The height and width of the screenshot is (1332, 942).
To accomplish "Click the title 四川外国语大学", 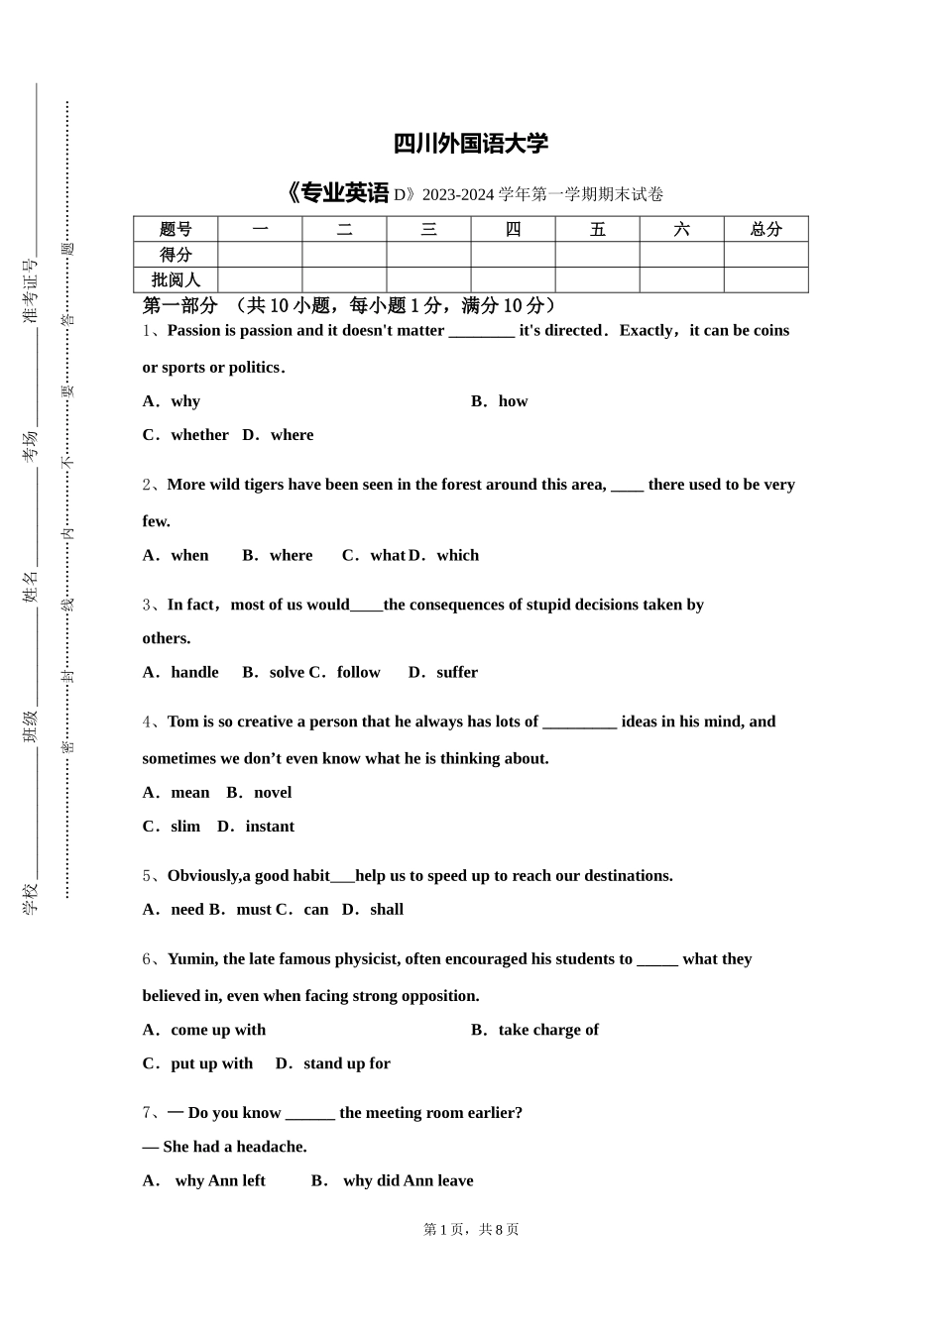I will [470, 144].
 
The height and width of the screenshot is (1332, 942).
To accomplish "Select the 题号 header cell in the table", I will [176, 229].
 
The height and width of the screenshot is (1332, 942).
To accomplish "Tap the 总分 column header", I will [765, 229].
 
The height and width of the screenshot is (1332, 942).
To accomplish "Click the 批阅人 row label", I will [176, 280].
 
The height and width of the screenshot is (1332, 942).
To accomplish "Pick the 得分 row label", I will [176, 255].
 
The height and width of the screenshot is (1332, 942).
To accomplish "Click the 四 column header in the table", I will [513, 229].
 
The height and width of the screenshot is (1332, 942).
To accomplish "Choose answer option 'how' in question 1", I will [513, 401].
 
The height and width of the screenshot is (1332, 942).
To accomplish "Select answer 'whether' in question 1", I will [199, 435].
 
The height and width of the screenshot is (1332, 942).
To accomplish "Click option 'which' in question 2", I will [457, 556].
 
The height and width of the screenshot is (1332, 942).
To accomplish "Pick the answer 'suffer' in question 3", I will [456, 673].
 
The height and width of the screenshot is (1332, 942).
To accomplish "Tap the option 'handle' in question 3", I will [194, 673].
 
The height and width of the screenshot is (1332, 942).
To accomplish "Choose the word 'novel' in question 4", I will [273, 793].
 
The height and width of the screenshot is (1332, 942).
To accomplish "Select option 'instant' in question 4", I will [270, 827].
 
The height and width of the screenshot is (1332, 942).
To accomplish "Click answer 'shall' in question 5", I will [387, 910].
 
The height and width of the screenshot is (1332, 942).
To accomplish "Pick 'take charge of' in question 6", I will [548, 1031].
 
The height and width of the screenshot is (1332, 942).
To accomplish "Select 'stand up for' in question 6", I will [347, 1064].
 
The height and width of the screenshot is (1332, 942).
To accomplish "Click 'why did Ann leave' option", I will [408, 1181].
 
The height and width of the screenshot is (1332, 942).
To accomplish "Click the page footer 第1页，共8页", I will [471, 1230].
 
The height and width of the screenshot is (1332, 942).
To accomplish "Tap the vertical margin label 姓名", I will [31, 587].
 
